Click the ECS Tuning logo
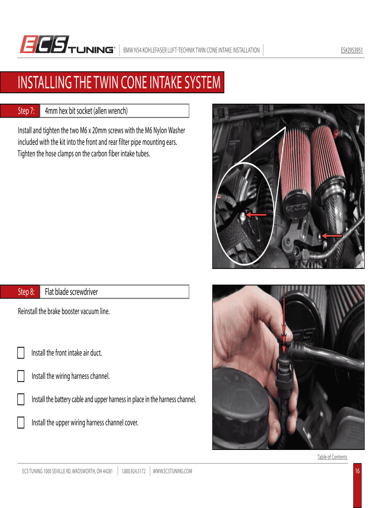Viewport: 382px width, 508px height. click(67, 44)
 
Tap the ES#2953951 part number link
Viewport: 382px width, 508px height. click(352, 50)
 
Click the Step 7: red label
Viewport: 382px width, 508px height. click(20, 111)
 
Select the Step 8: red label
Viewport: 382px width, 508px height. click(20, 292)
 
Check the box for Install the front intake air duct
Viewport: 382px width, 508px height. click(21, 353)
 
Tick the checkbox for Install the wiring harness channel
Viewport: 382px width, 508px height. click(21, 376)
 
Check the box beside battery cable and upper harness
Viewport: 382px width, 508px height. click(21, 399)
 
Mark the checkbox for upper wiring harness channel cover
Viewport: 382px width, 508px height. click(21, 423)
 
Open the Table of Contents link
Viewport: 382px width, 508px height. click(332, 457)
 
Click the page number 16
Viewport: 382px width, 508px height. click(357, 471)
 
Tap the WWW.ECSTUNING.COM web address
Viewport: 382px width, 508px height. click(172, 471)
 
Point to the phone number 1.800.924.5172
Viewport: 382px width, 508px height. click(133, 471)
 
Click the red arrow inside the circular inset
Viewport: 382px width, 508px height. click(256, 214)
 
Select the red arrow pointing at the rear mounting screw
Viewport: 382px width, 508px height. click(332, 236)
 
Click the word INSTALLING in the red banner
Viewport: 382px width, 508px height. click(45, 82)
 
